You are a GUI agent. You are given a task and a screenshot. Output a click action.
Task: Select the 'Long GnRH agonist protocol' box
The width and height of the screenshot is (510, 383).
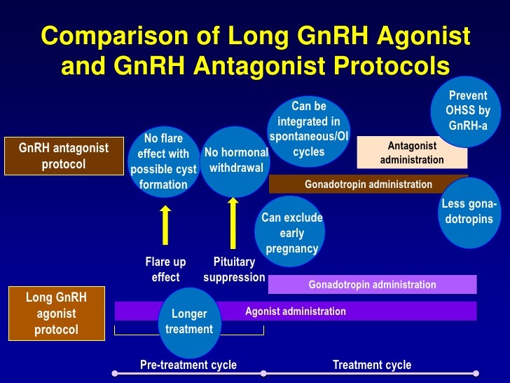55,313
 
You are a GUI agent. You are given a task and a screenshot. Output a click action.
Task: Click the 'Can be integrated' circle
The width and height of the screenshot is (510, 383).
309,128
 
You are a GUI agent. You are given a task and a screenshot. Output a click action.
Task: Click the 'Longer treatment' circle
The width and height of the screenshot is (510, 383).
188,321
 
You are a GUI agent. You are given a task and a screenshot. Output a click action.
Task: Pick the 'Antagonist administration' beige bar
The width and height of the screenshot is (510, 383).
411,153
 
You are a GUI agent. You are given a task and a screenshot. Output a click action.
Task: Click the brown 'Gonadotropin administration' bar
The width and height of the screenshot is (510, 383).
368,184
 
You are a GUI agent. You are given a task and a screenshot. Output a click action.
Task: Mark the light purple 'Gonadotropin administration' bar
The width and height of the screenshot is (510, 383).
372,285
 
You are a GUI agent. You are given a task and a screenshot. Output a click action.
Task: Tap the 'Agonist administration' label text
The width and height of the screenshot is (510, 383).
295,311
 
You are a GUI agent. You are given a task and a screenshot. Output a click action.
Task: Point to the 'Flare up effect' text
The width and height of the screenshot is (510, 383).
165,269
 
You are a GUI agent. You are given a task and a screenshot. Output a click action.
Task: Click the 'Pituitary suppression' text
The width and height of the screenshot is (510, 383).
234,269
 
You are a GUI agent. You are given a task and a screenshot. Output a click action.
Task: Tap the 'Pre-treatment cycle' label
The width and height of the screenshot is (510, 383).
188,365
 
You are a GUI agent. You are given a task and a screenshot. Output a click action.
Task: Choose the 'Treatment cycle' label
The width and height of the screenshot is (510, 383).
371,365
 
